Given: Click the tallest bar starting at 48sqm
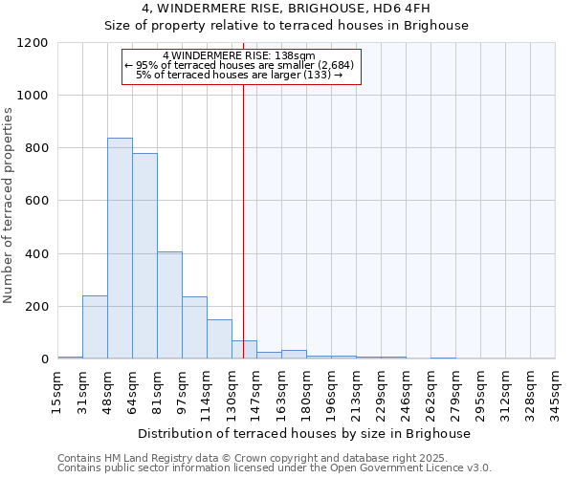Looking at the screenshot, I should (x=120, y=249).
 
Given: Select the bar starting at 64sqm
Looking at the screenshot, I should (x=144, y=256).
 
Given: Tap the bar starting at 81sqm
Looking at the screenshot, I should (x=169, y=306).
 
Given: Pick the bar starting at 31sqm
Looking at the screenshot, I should (x=95, y=327).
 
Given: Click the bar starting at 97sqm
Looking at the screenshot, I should (x=194, y=328).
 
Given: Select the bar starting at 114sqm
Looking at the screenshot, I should (x=219, y=339).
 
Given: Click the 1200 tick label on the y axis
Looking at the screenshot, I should (x=33, y=43).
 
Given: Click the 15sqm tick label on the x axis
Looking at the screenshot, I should (x=58, y=389).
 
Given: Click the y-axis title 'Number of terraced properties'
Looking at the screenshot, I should (x=9, y=206).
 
